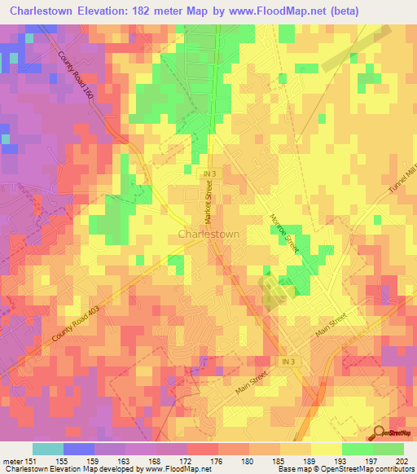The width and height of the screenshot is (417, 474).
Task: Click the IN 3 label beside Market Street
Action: pyautogui.click(x=211, y=173)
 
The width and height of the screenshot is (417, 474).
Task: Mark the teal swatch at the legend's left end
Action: pyautogui.click(x=48, y=449)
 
